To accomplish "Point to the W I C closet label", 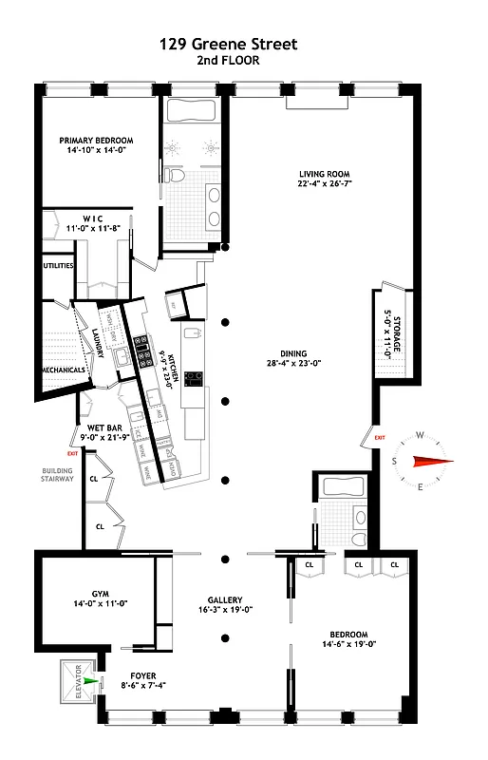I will (x=85, y=218).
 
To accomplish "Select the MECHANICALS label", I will (x=64, y=370).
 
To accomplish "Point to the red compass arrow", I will (x=432, y=462).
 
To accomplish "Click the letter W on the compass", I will (x=420, y=438).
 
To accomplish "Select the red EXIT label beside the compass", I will (x=380, y=437).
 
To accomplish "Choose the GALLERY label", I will (x=226, y=600).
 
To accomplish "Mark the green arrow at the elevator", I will (x=90, y=680).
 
